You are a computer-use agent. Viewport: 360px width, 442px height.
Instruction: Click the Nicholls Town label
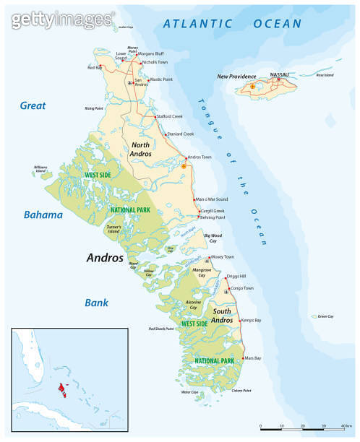[155, 62]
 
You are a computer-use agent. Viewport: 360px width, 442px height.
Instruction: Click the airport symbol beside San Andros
[130, 83]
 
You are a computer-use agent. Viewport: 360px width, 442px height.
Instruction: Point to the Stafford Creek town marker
[154, 116]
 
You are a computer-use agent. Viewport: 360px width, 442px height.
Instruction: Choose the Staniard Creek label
[180, 134]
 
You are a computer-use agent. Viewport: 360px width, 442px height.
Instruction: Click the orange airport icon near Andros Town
[184, 166]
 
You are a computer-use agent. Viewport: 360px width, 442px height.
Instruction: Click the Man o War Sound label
[213, 199]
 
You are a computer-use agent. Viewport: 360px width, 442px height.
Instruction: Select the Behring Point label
[213, 217]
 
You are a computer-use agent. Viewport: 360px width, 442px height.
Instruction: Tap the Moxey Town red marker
[208, 258]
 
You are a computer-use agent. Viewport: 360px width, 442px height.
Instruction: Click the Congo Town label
[241, 287]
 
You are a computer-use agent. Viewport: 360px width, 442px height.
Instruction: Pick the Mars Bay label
[252, 358]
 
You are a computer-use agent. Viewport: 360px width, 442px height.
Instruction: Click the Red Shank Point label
[161, 329]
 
